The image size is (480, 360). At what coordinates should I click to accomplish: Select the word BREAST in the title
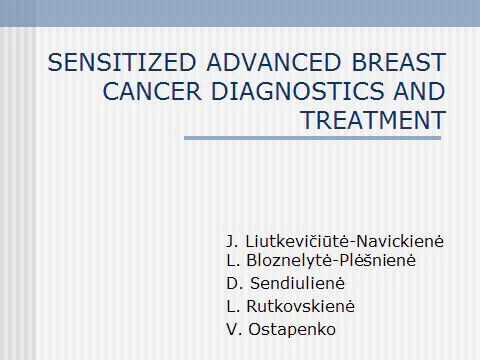pyautogui.click(x=396, y=63)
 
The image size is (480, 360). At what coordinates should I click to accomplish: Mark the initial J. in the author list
pyautogui.click(x=234, y=242)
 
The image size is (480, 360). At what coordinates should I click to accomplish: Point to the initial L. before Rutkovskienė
pyautogui.click(x=234, y=305)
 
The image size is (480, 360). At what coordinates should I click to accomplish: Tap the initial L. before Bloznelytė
pyautogui.click(x=234, y=261)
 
